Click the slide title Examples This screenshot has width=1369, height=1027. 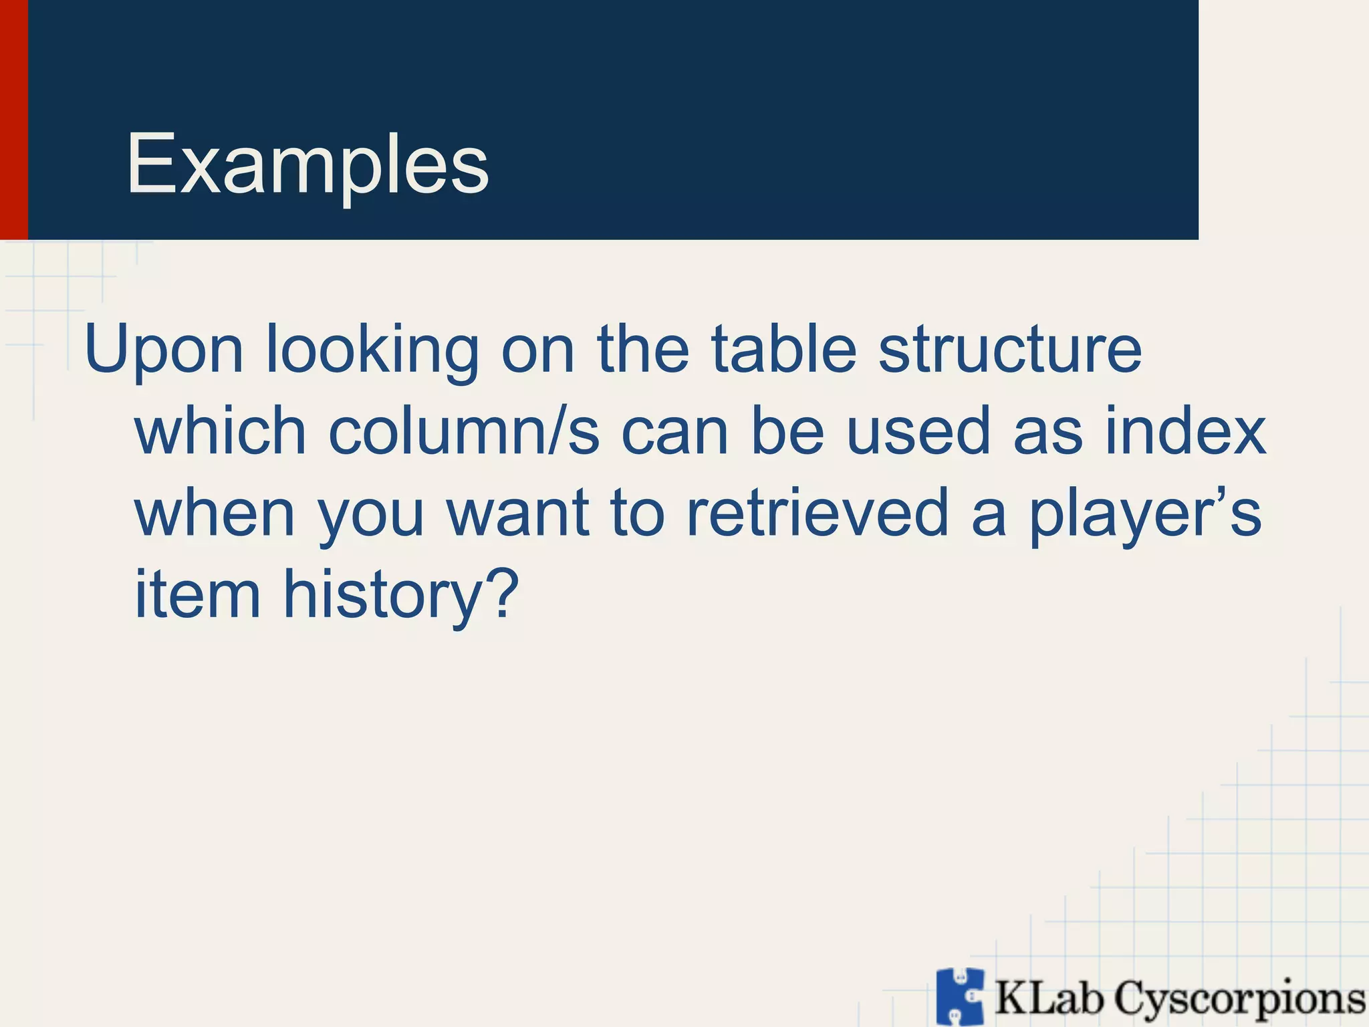click(x=307, y=164)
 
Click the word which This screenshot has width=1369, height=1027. click(x=221, y=431)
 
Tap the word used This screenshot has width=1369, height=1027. click(x=918, y=431)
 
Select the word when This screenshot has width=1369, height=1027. click(x=215, y=513)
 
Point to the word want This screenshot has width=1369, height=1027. click(x=518, y=513)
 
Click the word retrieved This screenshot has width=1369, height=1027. click(x=817, y=513)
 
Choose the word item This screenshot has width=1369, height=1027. click(x=197, y=594)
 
